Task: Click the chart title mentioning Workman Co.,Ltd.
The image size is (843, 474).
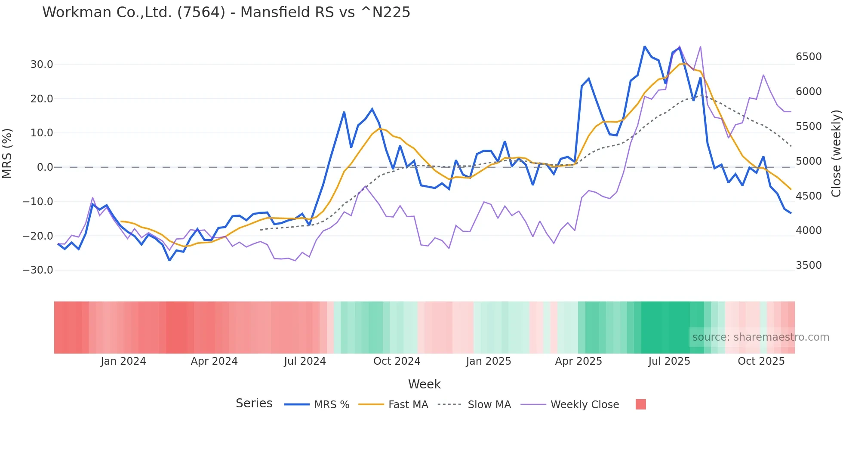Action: pos(226,12)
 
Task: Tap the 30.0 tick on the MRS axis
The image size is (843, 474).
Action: pos(42,65)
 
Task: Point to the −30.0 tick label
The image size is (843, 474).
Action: pos(38,270)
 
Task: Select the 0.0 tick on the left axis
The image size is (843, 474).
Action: pos(45,167)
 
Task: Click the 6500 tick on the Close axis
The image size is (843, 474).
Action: pos(809,57)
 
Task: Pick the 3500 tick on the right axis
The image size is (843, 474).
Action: pos(809,265)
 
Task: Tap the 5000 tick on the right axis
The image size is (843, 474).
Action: pos(809,161)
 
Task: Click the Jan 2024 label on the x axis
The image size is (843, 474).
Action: pos(123,361)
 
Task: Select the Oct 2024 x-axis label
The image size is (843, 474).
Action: pos(397,361)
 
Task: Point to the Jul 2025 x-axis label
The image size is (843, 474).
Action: pos(669,361)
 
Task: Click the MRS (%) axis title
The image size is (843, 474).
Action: pos(7,154)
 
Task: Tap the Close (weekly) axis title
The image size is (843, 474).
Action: pos(836,154)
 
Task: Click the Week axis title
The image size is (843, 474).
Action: pos(424,384)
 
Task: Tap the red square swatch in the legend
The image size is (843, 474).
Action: pos(641,404)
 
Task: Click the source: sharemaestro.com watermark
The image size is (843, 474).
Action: pos(760,337)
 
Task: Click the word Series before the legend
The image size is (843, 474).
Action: pos(254,403)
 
